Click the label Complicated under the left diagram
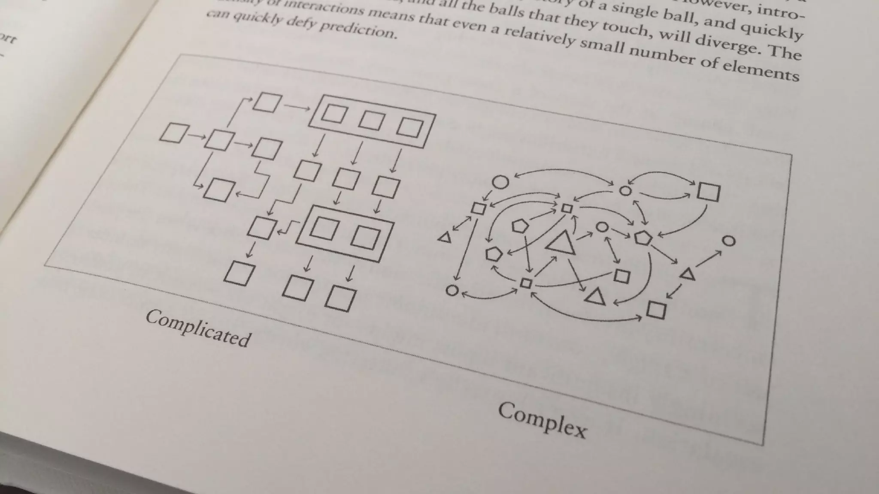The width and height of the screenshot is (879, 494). [198, 328]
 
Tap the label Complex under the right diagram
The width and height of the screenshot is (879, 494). [542, 420]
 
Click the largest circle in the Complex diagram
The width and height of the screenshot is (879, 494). [500, 182]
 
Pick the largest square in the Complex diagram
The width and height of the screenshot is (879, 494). [708, 191]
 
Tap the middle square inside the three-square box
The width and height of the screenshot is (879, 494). [371, 120]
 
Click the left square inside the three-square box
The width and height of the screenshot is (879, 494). [334, 114]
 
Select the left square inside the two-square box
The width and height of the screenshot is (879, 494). [324, 229]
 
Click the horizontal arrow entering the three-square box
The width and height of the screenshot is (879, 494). [297, 107]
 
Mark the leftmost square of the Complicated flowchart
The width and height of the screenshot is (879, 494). [174, 133]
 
